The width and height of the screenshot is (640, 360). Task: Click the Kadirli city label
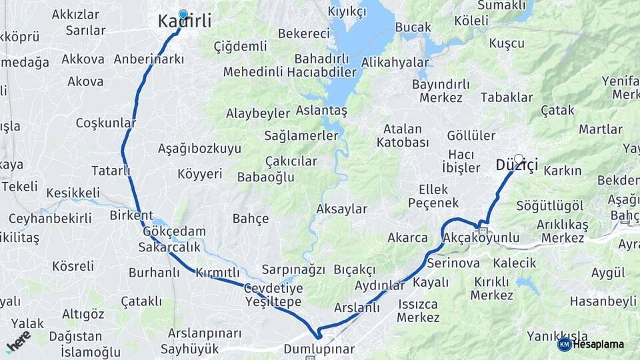[x=185, y=21]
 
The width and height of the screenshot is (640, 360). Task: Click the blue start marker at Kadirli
[x=183, y=13]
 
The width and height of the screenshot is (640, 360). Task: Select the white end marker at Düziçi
[x=519, y=159]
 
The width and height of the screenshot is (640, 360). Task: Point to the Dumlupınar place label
[x=319, y=349]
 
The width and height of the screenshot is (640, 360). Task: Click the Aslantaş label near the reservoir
[x=321, y=111]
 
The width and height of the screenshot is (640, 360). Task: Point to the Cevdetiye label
[x=273, y=288]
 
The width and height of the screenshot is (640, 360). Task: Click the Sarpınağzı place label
[x=293, y=269]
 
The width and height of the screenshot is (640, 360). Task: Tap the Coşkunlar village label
[x=106, y=123]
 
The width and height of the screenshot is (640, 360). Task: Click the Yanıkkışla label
[x=557, y=335]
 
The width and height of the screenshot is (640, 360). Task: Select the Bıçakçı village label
[x=355, y=269]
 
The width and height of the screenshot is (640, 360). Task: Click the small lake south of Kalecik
[x=527, y=286]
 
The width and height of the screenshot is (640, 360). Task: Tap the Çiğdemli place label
[x=240, y=46]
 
